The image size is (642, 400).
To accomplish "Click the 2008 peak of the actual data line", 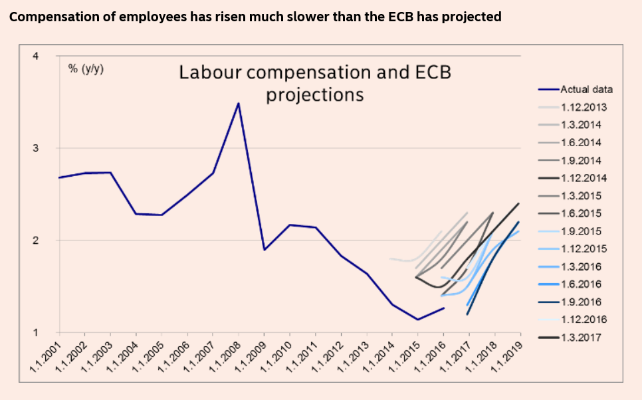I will (238, 103).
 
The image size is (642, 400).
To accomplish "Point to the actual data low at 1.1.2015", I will (417, 320).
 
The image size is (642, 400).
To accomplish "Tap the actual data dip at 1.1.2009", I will (264, 249).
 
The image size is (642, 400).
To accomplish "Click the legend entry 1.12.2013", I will (583, 107).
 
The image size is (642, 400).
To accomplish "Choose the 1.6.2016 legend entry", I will (580, 284).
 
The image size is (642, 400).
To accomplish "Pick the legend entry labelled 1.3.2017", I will (580, 338).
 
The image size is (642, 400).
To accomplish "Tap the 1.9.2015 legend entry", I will (580, 231).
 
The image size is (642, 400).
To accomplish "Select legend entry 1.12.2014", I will (583, 178).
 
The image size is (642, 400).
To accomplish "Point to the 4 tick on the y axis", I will (36, 56).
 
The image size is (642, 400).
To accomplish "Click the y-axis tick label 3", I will (36, 148).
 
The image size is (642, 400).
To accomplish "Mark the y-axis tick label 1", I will (36, 332).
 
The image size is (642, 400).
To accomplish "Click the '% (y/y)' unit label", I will (86, 68).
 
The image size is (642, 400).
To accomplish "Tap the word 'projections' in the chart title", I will (315, 95).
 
